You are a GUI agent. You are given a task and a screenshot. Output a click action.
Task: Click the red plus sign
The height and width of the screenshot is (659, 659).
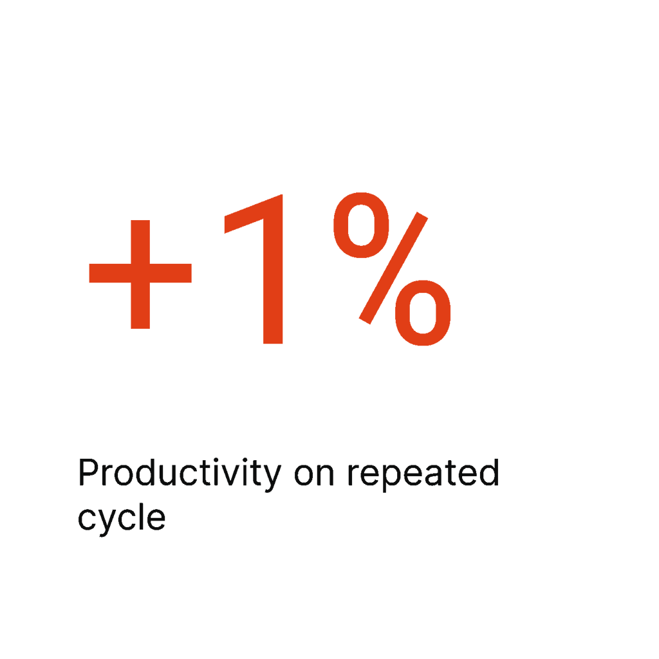tap(140, 274)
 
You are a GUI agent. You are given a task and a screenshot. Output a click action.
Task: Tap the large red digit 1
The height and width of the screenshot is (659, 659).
tap(272, 269)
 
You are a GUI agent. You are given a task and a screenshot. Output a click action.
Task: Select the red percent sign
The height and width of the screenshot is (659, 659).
tap(392, 269)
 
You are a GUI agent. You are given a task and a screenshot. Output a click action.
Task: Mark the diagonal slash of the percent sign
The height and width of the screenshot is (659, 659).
tap(393, 268)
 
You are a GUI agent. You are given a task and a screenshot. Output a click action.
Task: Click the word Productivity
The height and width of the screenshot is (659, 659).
tap(180, 474)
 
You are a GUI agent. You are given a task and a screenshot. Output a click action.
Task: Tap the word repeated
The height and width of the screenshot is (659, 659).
tap(423, 474)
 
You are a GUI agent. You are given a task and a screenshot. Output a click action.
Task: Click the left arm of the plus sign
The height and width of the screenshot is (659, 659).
tap(110, 273)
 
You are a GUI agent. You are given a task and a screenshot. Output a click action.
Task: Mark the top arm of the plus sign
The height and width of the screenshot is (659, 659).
tap(140, 242)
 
